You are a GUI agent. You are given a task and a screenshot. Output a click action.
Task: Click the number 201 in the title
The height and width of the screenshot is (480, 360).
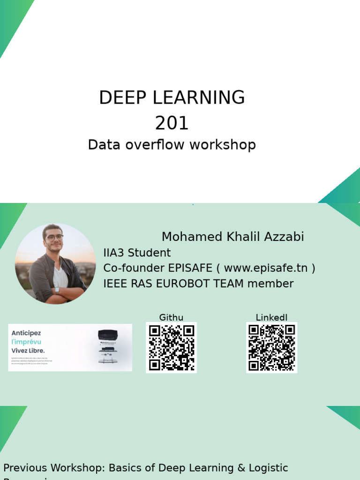[x=172, y=123]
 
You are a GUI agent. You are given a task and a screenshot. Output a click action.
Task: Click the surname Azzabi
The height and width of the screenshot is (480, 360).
[x=284, y=237]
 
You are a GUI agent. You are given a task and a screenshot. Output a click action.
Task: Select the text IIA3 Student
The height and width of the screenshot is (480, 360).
[x=137, y=253]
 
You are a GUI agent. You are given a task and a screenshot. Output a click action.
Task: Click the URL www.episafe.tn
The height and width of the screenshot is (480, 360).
[x=266, y=268]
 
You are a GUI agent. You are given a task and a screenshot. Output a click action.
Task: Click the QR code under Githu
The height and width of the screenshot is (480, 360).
[x=172, y=347]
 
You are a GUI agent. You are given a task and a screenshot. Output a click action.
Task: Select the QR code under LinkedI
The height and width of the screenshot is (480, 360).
[x=272, y=347]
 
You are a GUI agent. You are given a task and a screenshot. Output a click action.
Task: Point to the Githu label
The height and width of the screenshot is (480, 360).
[x=171, y=318]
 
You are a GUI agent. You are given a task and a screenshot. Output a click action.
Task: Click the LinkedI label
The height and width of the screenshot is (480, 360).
[x=271, y=318]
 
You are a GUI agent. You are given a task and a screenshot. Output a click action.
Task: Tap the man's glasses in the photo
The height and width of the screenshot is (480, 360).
[x=54, y=238]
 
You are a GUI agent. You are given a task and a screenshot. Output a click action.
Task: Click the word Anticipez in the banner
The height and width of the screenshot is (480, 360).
[x=26, y=333]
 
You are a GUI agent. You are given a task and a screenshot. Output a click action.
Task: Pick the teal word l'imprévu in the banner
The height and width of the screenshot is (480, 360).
[x=27, y=342]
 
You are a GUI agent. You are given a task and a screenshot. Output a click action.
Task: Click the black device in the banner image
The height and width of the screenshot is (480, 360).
[x=107, y=336]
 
